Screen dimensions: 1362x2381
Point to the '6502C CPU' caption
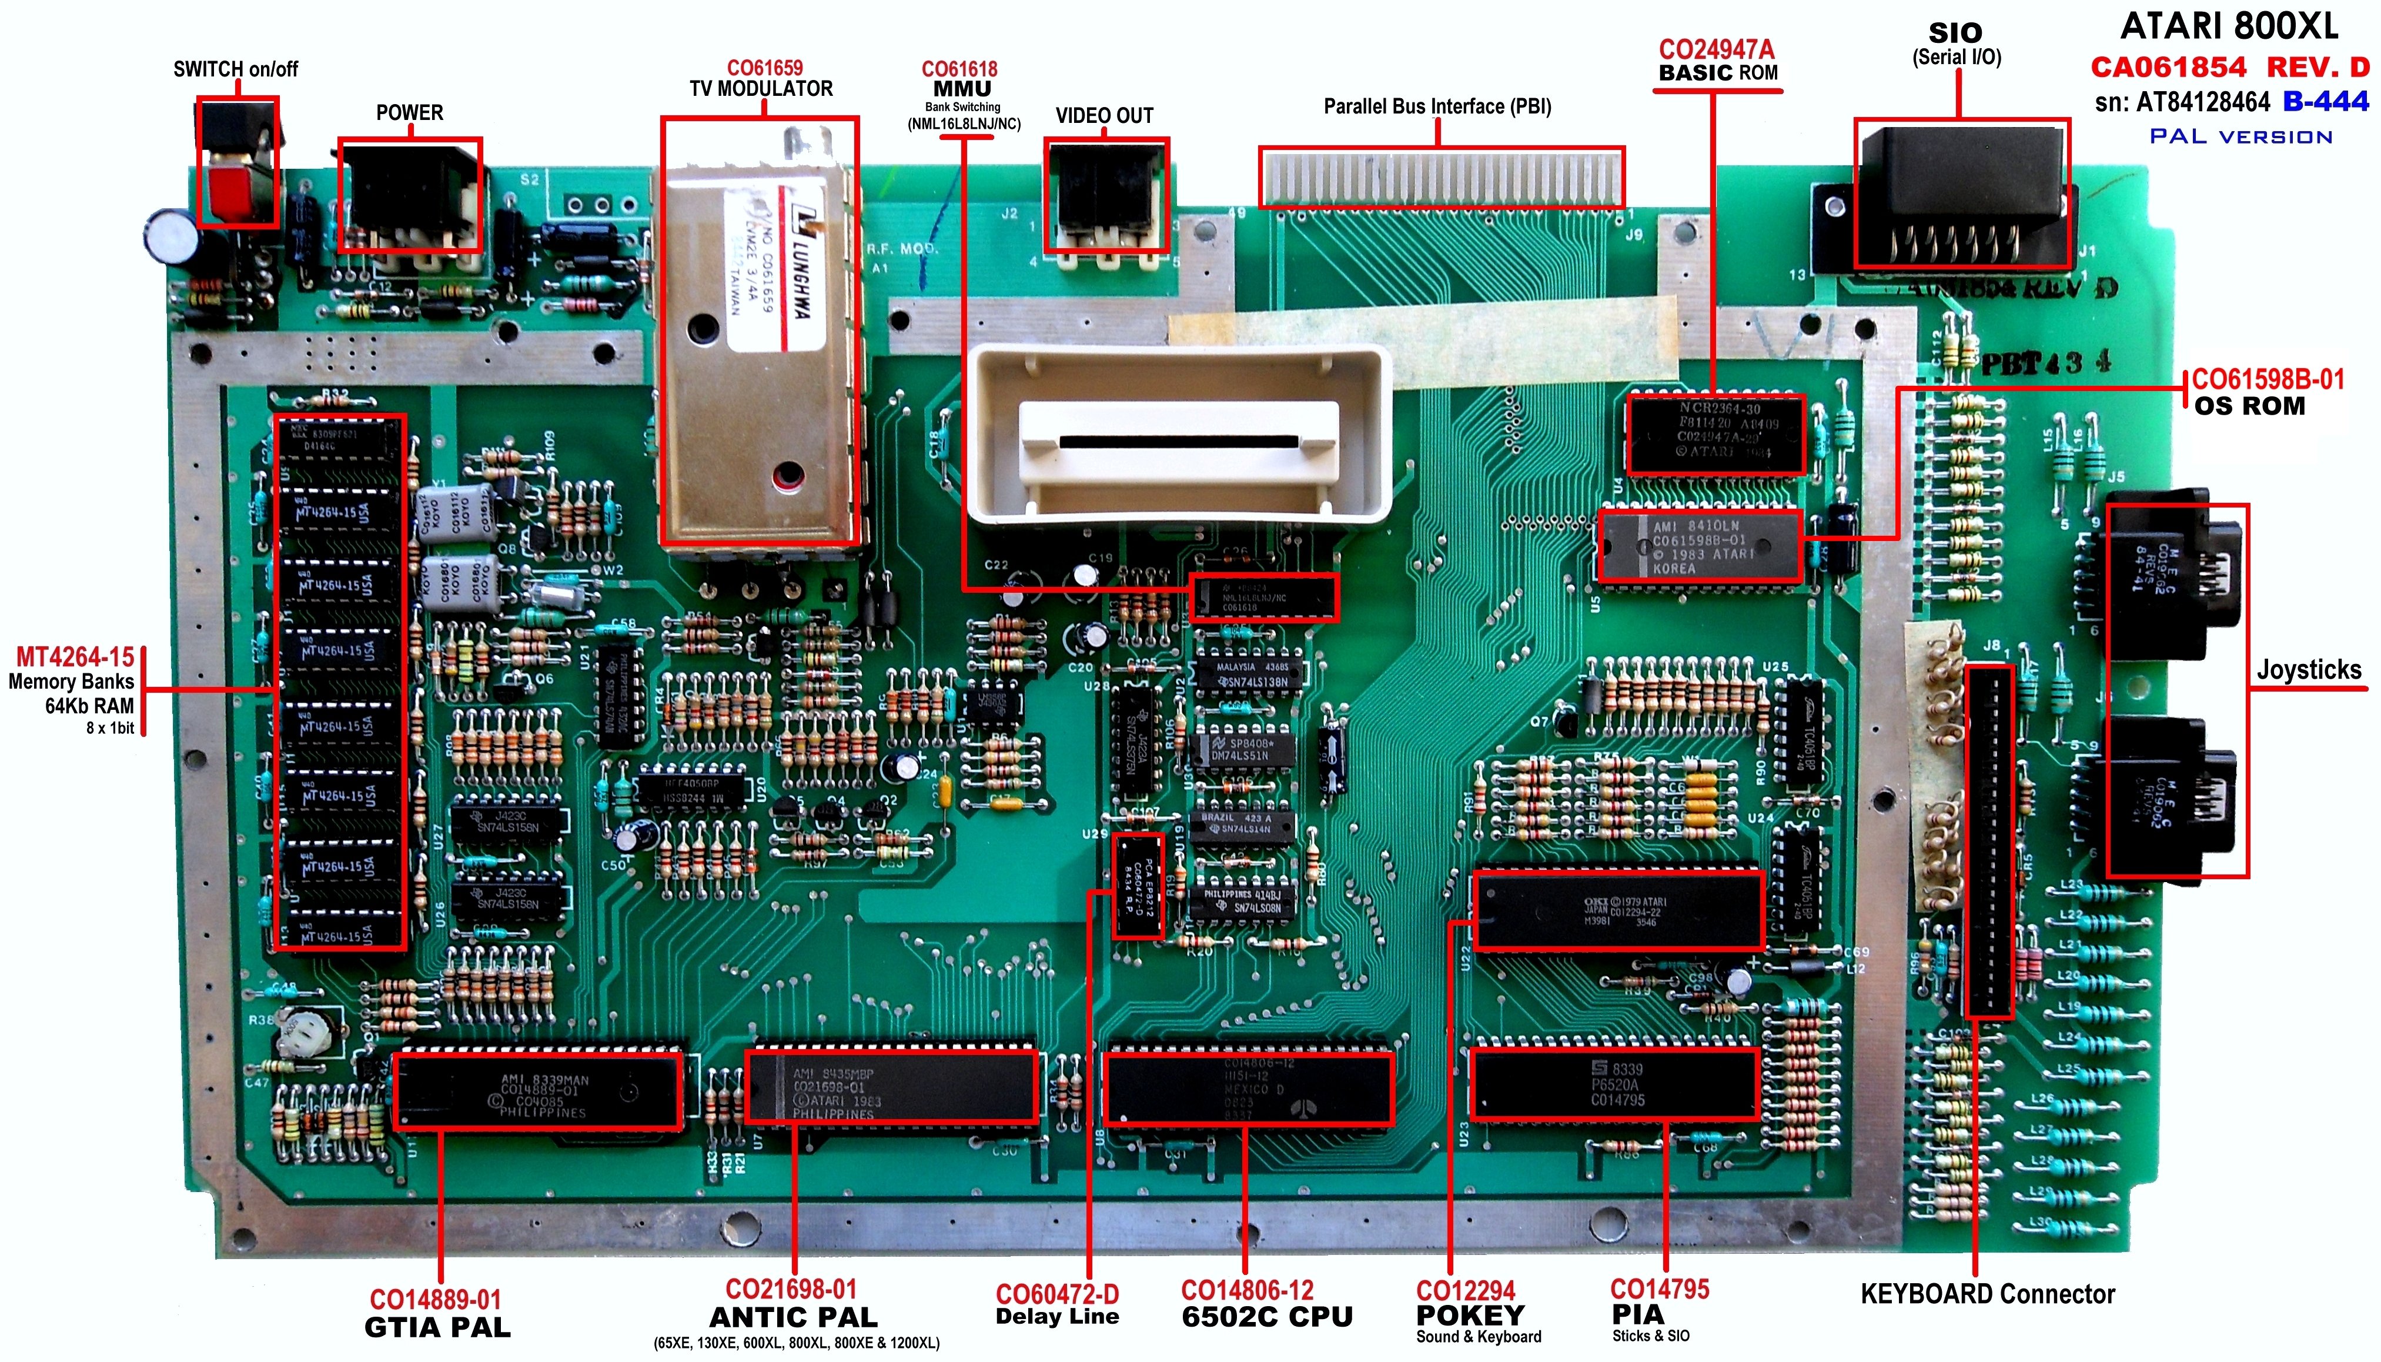click(1266, 1317)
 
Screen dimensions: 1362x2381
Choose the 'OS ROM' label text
click(2249, 406)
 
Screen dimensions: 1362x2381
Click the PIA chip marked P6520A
click(1614, 1084)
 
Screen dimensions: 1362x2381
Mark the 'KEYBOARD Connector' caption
click(1987, 1294)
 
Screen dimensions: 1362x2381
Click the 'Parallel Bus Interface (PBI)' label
click(1437, 106)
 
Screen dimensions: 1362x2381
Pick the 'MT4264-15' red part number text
click(75, 657)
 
